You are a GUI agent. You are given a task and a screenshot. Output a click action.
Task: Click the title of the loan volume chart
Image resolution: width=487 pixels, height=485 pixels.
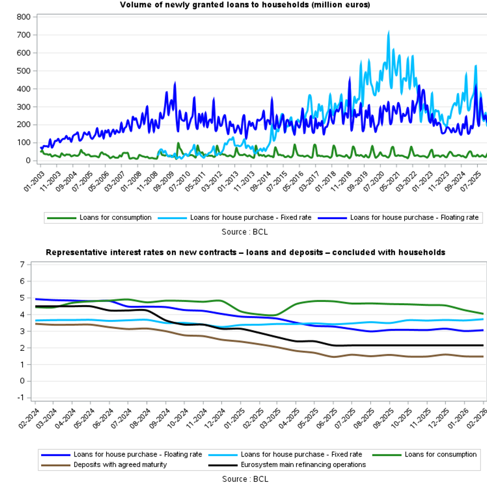point(245,5)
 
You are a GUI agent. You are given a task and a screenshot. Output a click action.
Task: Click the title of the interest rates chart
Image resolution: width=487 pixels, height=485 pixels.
point(245,253)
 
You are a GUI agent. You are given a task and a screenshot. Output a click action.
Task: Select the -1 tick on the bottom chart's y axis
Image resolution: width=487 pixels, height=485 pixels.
point(22,398)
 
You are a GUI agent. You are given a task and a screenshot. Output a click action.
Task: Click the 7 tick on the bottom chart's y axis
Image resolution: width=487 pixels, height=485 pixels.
point(23,264)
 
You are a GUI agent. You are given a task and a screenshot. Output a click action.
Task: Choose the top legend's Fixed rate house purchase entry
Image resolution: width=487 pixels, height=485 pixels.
point(250,218)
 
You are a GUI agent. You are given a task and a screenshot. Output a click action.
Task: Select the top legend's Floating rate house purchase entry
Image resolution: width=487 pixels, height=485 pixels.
point(414,218)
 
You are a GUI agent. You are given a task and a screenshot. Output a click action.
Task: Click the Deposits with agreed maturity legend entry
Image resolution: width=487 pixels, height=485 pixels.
point(120,465)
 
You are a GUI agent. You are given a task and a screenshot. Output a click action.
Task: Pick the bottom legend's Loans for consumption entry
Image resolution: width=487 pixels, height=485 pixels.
point(440,454)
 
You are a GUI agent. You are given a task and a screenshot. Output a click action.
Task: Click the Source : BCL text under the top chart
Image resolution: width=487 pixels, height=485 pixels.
point(245,232)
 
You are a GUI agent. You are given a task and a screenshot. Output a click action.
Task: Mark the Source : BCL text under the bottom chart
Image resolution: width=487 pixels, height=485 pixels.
point(245,479)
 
